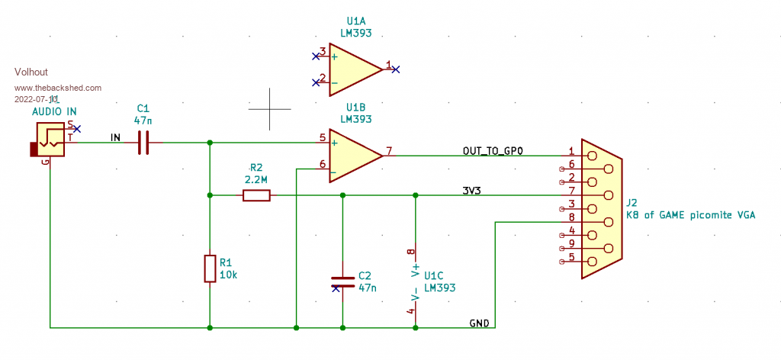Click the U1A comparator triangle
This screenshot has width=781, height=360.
coord(352,69)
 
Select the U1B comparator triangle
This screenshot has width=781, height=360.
coord(352,156)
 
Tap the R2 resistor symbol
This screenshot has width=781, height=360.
coord(256,196)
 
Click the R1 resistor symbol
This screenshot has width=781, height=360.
coord(210,269)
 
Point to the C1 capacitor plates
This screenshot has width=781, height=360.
coord(143,143)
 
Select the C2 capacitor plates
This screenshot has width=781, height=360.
coord(342,281)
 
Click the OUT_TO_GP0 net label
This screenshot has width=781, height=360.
coord(493,151)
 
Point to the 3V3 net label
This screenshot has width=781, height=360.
coord(471,191)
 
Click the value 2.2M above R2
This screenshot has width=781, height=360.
coord(256,179)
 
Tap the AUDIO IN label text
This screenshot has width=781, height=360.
coord(54,112)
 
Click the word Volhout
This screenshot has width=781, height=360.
coord(31,72)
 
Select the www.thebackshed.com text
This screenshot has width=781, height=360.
coord(58,88)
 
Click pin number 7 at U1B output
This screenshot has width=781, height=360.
coord(389,151)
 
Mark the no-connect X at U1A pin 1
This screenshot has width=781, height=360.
coord(396,69)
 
